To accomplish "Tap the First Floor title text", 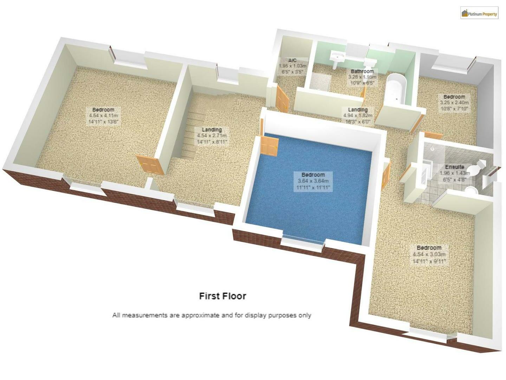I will (222, 296).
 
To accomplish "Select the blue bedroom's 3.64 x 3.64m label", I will (313, 181).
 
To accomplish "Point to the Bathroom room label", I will (362, 71).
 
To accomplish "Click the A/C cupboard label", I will (292, 61).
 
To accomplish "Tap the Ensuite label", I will (454, 167).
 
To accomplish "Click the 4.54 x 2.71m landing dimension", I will (212, 136).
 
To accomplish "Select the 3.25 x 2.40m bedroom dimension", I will (454, 103).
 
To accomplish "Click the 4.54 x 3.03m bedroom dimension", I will (429, 254).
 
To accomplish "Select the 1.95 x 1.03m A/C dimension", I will (292, 66).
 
